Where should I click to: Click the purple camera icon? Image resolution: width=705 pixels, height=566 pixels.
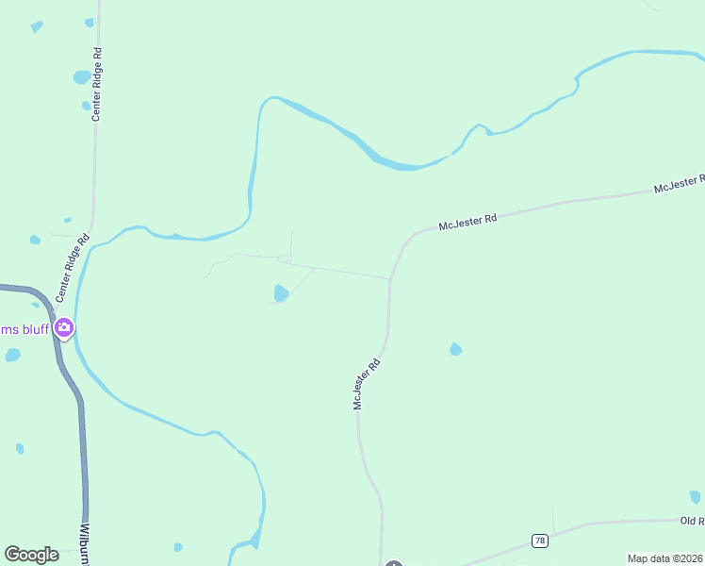point(64,328)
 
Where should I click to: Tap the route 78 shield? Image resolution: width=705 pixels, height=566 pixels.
point(539,541)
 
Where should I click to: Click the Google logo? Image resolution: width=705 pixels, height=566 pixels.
point(31,555)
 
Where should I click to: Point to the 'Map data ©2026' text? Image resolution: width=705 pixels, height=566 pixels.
point(664,558)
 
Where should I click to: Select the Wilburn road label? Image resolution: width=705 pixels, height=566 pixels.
point(86,544)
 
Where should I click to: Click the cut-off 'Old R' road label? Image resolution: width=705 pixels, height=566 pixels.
point(692,521)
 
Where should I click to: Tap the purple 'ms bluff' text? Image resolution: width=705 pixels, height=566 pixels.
point(25,329)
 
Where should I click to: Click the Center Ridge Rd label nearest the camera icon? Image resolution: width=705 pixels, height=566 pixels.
point(71,268)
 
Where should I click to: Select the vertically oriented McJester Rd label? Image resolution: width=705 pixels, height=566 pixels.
point(367,383)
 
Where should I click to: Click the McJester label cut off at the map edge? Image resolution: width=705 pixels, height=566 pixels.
point(680,184)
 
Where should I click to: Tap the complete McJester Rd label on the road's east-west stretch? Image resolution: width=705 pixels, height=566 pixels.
point(467,224)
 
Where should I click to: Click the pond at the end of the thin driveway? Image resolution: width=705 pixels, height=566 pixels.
point(281,293)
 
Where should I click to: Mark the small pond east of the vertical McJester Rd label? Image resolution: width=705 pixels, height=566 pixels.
point(456,349)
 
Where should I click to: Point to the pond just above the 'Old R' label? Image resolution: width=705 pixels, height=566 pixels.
point(696,496)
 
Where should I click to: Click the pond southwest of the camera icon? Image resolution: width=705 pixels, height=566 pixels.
point(12,355)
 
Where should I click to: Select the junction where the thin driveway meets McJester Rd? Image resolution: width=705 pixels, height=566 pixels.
point(389,278)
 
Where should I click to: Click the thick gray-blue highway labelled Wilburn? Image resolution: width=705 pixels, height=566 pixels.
point(83,453)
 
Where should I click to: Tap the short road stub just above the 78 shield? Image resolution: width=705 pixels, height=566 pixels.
point(553,520)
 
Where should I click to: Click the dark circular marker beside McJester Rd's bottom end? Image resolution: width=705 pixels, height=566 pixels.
point(394,563)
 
